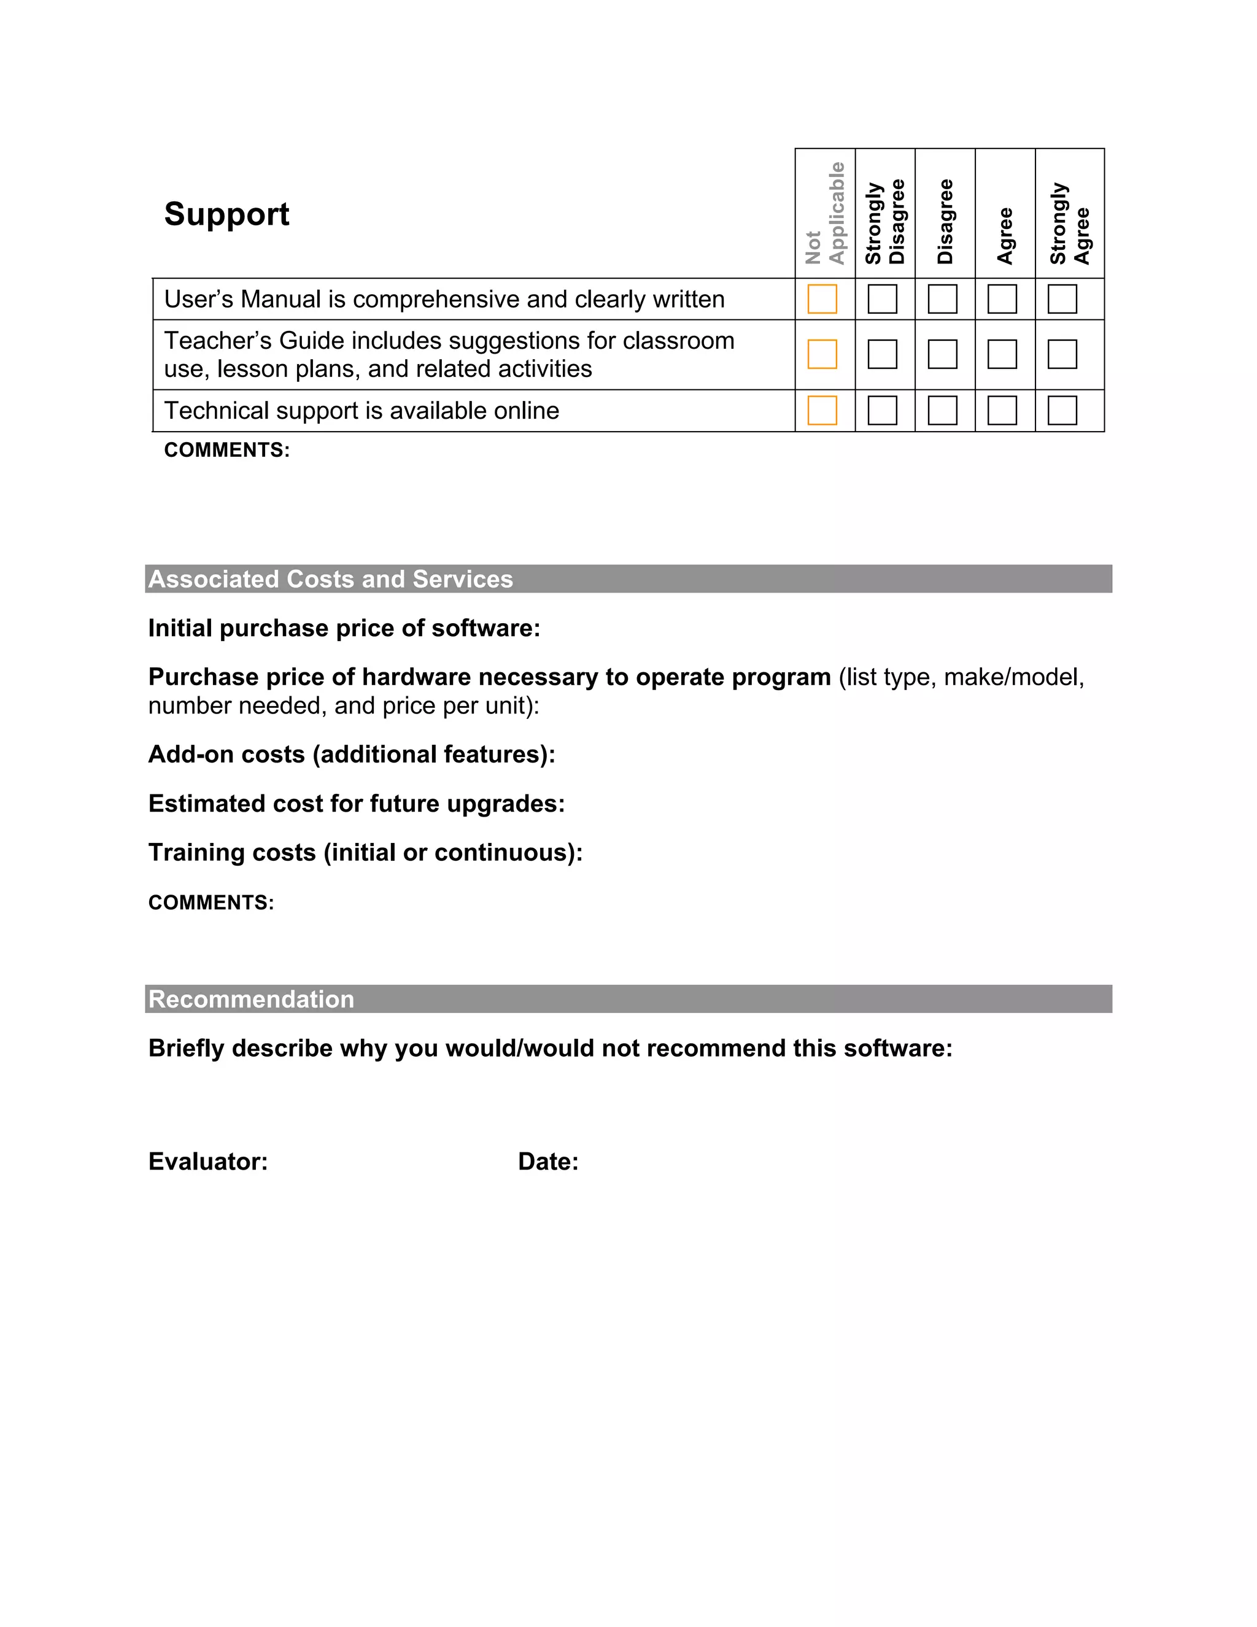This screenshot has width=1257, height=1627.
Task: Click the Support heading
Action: point(226,214)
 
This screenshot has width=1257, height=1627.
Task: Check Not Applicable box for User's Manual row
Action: point(822,299)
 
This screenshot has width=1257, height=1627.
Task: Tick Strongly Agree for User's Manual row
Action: point(1062,299)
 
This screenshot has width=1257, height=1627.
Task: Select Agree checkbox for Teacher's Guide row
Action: point(1002,354)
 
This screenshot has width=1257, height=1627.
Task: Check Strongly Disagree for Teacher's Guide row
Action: point(883,354)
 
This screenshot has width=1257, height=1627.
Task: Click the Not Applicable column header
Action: point(825,214)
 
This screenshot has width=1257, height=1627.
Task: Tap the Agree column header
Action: point(1005,235)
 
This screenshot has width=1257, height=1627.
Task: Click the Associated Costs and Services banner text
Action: point(331,579)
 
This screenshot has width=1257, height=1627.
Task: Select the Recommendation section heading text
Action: point(251,999)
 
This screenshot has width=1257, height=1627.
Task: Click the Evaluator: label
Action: point(208,1162)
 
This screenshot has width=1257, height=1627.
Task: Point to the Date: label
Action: point(548,1162)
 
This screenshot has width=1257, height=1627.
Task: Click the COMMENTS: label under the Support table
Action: point(226,450)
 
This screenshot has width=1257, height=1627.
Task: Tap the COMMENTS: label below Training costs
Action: point(211,903)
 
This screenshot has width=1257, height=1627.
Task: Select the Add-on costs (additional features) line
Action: point(352,755)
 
